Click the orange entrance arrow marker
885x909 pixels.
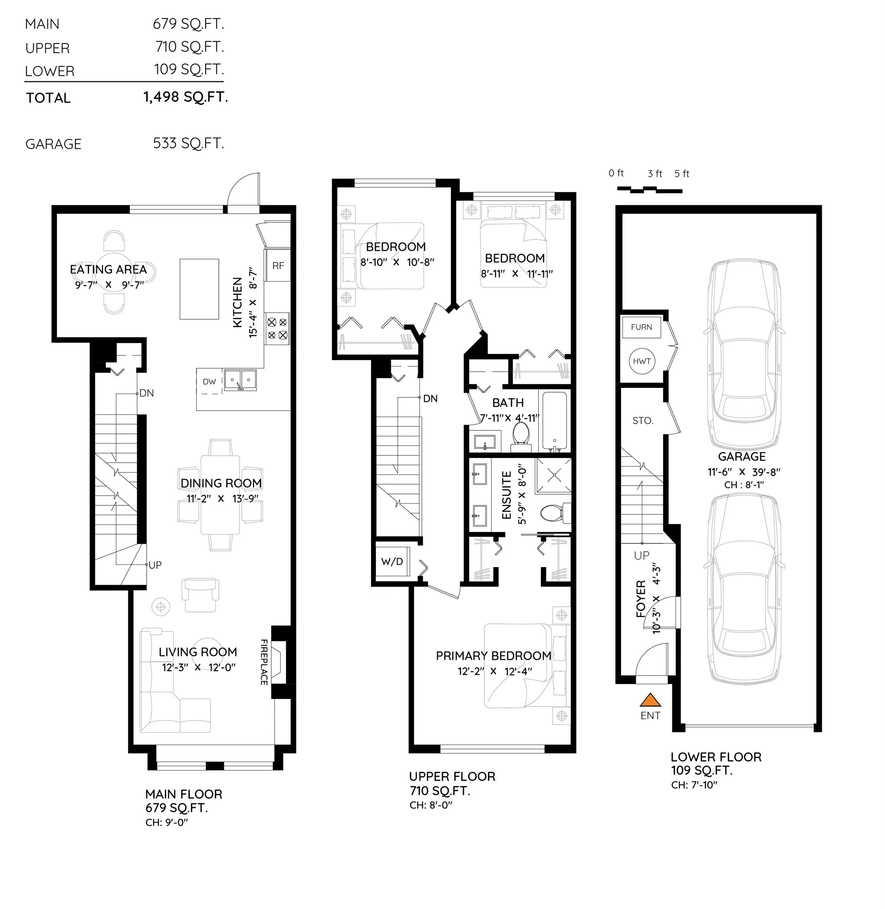[650, 700]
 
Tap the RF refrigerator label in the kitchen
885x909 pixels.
[278, 266]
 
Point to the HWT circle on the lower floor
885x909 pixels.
[642, 361]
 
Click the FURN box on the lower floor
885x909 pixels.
[641, 327]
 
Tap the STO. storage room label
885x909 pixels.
[643, 421]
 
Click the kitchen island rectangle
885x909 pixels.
[200, 289]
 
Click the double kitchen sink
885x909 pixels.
[240, 380]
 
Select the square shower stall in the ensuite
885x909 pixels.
[554, 475]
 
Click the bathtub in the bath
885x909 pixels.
[555, 421]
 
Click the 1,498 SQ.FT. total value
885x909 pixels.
[185, 97]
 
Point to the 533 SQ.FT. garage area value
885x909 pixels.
[188, 143]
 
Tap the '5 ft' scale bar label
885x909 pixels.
[682, 174]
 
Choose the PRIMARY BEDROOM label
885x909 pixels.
[494, 656]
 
